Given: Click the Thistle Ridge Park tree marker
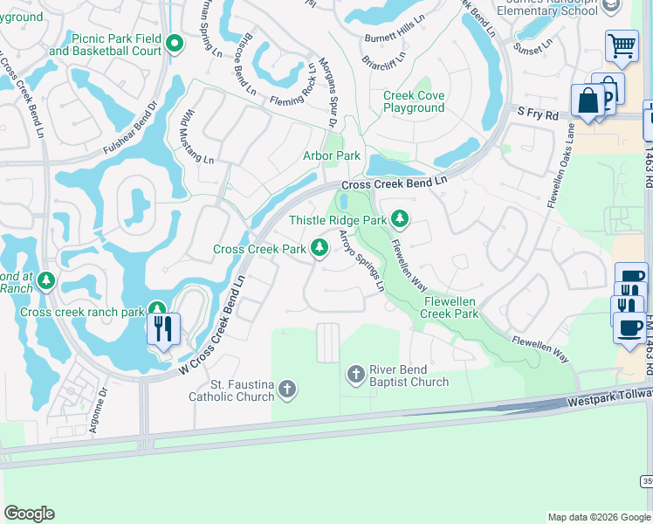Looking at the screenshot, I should pos(401,217).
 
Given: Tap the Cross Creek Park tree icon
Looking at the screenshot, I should pos(320,249).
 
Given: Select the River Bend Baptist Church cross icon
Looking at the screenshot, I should pos(355,375).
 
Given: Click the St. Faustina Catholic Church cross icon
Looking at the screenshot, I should pos(286,389).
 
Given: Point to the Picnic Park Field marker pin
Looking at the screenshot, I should pos(175,42).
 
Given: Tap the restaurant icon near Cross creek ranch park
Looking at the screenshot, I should pos(163,329).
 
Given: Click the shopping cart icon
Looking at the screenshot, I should pos(622,45).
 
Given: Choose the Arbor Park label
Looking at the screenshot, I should pos(331,155).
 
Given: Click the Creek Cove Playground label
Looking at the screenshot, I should pos(414,101).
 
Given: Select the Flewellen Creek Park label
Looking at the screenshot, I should pos(450,307).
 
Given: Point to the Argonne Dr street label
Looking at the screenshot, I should pos(98,410).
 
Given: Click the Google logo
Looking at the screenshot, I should pos(29,514).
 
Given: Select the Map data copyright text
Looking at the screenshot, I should pos(599,517).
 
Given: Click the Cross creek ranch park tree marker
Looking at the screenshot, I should pos(157,308).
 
